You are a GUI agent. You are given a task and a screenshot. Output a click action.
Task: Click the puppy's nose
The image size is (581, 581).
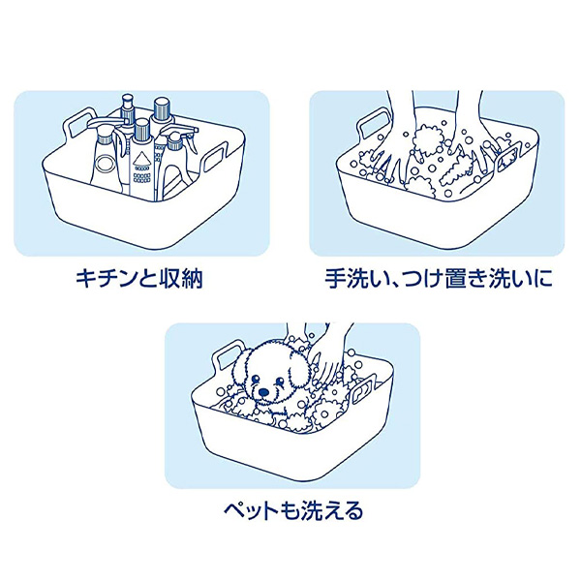coord(263,391)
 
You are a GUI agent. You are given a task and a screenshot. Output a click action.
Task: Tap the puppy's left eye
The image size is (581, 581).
coord(254,379)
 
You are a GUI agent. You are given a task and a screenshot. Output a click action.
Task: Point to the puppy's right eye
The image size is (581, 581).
coord(281,382)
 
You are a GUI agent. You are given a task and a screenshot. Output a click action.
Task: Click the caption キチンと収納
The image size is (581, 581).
coord(139,278)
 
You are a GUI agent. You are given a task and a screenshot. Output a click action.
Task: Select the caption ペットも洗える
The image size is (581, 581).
coord(293,510)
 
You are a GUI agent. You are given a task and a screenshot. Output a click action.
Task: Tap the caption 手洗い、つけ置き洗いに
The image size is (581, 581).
coord(439,278)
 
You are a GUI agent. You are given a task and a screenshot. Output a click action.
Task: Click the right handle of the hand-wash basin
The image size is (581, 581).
coord(509,159)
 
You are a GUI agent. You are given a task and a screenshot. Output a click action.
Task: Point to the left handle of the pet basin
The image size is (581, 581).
coord(229,356)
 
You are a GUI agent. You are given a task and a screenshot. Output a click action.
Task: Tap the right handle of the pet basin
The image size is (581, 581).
coord(364,388)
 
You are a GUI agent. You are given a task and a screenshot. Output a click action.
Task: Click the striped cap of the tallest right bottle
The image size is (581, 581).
coord(162,107)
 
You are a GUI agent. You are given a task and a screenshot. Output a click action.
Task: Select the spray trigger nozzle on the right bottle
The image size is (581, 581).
coord(182,133)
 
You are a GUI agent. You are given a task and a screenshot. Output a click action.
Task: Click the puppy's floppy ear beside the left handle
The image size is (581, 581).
coord(241,370)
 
